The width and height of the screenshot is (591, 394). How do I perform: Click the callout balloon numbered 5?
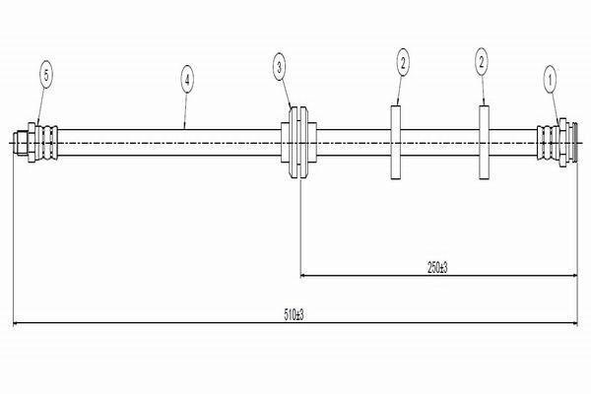(46, 75)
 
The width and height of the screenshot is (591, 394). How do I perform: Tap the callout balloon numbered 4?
(187, 79)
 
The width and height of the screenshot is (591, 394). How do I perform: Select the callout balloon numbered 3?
(280, 68)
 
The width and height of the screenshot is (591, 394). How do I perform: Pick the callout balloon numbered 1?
(550, 80)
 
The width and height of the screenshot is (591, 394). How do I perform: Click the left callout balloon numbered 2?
(403, 62)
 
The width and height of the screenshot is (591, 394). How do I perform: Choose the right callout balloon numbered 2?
(482, 62)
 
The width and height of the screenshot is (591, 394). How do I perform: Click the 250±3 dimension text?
(437, 268)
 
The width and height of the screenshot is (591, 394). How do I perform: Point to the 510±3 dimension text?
(294, 315)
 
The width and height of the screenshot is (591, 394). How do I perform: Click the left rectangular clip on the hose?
(395, 142)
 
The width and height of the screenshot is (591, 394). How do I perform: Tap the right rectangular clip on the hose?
(485, 142)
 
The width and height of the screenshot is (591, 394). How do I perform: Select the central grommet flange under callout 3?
(298, 142)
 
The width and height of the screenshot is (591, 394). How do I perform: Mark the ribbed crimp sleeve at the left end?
(47, 143)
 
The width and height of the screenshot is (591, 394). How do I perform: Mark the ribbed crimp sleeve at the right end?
(548, 143)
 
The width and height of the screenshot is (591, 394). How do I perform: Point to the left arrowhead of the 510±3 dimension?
(16, 323)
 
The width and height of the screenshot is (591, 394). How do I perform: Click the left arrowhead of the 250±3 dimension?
(303, 276)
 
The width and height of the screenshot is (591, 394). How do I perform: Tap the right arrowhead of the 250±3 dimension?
(574, 276)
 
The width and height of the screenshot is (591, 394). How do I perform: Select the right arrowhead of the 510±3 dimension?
(574, 323)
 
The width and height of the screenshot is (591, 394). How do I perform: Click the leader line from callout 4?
(185, 111)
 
